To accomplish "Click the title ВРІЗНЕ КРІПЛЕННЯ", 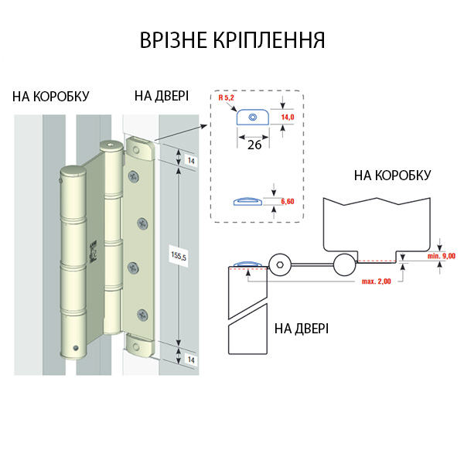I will [232, 40].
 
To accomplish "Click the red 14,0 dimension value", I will [288, 117].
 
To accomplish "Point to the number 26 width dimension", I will [254, 145].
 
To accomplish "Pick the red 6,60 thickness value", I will [287, 201].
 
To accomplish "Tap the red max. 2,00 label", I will [377, 281].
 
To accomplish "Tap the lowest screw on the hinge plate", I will [142, 314].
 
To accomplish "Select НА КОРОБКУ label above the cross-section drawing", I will [392, 176].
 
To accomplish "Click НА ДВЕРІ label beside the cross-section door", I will [302, 328].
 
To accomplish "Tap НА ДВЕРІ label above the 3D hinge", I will [161, 96].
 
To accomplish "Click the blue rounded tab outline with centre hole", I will [252, 118].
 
